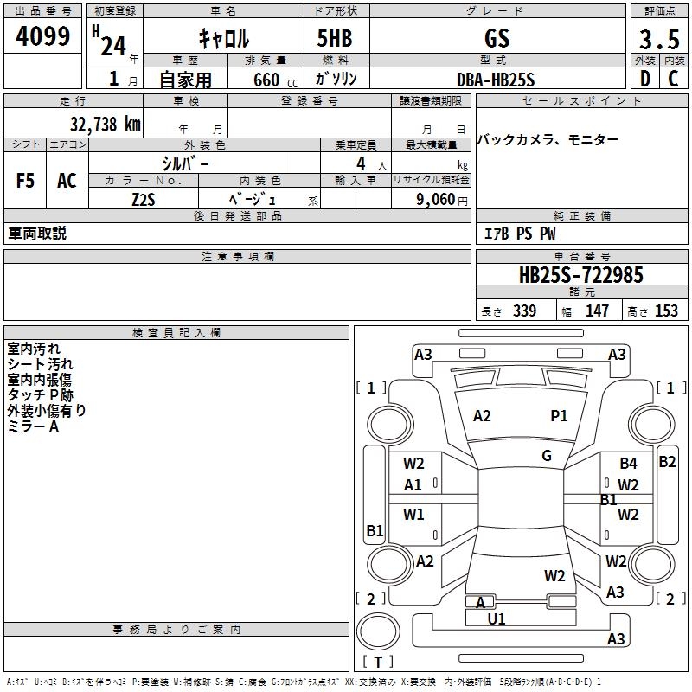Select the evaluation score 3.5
tap(657, 40)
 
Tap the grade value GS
tap(497, 39)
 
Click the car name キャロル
tap(223, 39)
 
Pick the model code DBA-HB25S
tap(496, 80)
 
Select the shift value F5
tap(26, 181)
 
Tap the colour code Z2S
tap(144, 199)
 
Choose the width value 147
tap(597, 311)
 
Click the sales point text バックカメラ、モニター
tap(548, 139)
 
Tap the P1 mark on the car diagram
tap(560, 416)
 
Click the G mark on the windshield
tap(547, 456)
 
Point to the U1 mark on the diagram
tap(497, 618)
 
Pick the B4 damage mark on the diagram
tap(628, 464)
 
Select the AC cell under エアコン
tap(67, 181)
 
